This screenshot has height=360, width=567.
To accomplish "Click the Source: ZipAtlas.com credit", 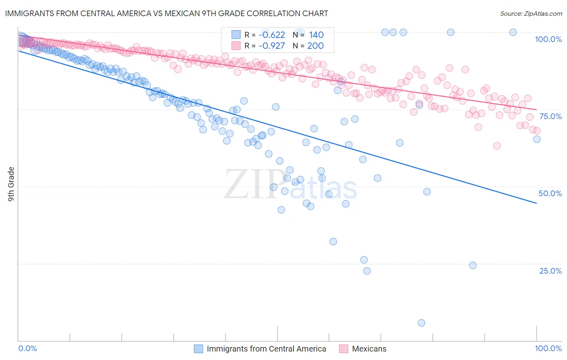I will (531, 13).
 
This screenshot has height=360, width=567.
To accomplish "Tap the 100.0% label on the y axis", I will (548, 39).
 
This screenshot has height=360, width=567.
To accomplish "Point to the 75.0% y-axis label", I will (550, 116).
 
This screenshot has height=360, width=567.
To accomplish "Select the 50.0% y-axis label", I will (550, 193).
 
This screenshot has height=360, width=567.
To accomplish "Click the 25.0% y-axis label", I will (550, 271).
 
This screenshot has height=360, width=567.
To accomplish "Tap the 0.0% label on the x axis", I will (28, 348).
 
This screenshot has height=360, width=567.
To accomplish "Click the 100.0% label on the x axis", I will (548, 348).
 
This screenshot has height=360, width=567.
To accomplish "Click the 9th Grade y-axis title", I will (11, 184).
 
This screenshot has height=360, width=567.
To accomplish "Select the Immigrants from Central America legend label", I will (266, 349).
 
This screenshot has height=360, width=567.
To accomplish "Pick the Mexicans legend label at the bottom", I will (369, 349).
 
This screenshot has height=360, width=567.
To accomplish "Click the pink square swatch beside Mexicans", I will (344, 349).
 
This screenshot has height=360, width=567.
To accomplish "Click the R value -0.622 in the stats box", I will (272, 35).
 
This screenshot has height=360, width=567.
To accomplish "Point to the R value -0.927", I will (272, 46).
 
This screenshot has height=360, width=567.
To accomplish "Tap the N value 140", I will (316, 35).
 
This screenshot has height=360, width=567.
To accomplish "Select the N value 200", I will (315, 46).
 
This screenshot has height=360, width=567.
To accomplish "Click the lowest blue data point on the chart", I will (421, 323).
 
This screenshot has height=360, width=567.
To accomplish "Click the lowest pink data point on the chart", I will (497, 146).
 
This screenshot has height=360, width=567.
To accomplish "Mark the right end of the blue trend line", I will (536, 203).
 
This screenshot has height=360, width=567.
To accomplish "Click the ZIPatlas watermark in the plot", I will (290, 185).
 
